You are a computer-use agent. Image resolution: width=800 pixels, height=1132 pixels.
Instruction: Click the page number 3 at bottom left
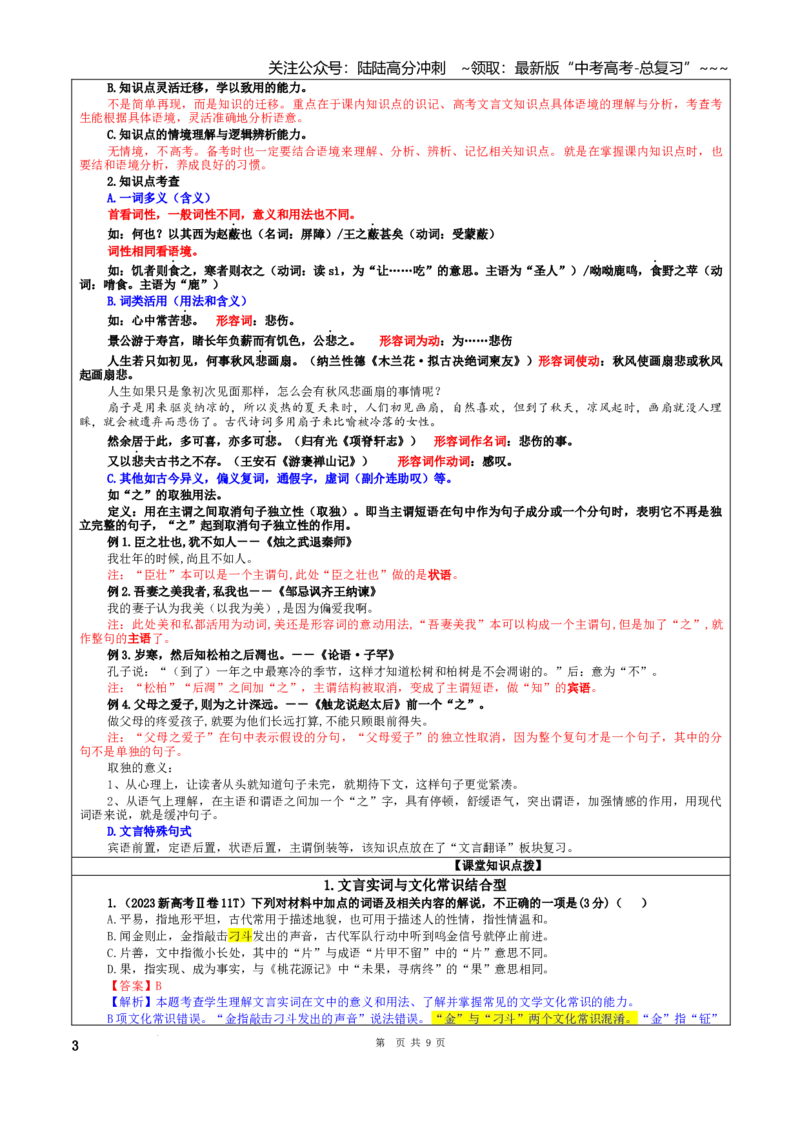75,1045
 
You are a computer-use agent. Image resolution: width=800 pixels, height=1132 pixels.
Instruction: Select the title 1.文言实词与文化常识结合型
414,884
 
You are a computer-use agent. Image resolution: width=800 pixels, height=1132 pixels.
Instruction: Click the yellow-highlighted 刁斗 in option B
240,936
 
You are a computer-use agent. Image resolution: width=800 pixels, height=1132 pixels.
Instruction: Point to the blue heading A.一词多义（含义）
159,198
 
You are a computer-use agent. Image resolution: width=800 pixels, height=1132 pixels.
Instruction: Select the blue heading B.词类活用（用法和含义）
177,301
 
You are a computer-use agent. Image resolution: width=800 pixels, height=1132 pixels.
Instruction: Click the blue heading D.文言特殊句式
149,832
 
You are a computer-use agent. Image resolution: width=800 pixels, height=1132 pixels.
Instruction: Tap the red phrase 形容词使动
568,361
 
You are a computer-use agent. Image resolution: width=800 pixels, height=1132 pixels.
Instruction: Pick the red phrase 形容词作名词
469,441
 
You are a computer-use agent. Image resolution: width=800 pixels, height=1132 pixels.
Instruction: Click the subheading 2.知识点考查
143,181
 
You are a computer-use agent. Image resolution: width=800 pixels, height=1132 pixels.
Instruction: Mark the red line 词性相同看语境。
152,251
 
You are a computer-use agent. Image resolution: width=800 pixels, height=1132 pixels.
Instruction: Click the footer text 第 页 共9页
410,1042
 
